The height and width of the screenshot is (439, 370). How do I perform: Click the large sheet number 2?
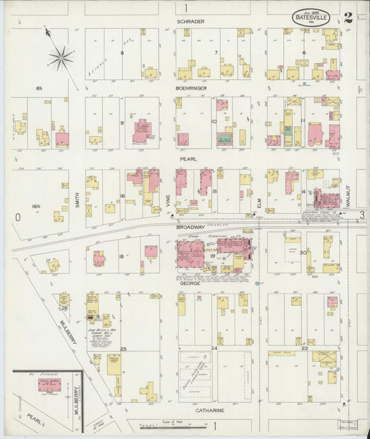(347, 18)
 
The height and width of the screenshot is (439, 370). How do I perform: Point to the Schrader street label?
(190, 22)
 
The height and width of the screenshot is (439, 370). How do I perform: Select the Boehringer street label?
(192, 89)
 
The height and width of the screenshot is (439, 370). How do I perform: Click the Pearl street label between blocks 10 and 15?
(189, 159)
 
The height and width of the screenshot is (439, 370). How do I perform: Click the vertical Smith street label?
(78, 201)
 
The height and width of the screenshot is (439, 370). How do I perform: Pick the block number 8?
(121, 53)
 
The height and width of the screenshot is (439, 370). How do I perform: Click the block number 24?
(215, 347)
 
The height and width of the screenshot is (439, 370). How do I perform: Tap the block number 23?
(305, 347)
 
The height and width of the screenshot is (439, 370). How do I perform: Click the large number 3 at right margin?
(362, 217)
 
